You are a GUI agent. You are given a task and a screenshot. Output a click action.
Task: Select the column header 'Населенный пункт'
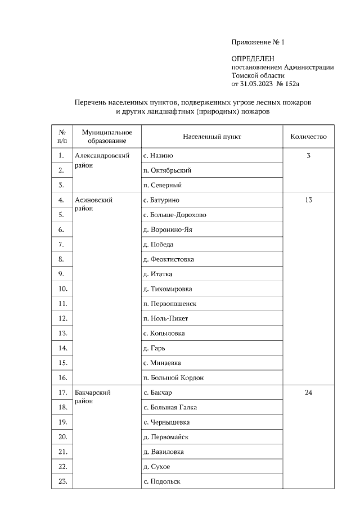(x=212, y=137)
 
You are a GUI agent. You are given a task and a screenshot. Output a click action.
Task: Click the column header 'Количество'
(x=308, y=137)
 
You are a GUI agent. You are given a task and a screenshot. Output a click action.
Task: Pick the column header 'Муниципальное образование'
(x=107, y=137)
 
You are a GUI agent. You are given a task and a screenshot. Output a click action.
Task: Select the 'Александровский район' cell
(x=98, y=160)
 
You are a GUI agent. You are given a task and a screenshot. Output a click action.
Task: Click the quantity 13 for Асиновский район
(x=308, y=200)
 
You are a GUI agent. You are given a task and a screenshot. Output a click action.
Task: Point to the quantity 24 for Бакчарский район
(x=308, y=393)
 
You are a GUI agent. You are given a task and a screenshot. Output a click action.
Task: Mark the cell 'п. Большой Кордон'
(x=173, y=377)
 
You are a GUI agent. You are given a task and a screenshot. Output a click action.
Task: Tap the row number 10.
(x=62, y=289)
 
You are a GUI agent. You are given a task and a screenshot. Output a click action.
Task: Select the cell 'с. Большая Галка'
(x=170, y=407)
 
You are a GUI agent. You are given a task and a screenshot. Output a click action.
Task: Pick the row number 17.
(x=62, y=393)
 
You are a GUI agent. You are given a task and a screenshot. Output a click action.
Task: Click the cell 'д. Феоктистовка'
(x=169, y=259)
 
